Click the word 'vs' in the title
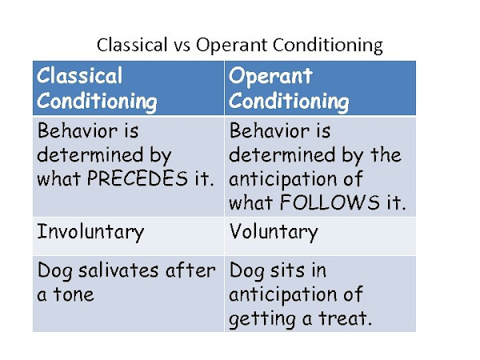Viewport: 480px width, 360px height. pyautogui.click(x=182, y=46)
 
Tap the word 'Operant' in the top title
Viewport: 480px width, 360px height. pyautogui.click(x=232, y=46)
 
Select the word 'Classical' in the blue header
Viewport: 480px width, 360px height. pyautogui.click(x=79, y=76)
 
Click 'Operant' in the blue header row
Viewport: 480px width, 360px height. pyautogui.click(x=270, y=76)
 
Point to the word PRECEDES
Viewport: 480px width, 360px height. pyautogui.click(x=137, y=178)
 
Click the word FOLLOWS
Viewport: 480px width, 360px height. pyautogui.click(x=330, y=202)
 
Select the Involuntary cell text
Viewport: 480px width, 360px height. pyautogui.click(x=90, y=232)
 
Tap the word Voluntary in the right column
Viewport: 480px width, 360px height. pyautogui.click(x=274, y=232)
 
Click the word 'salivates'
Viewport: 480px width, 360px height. pyautogui.click(x=118, y=270)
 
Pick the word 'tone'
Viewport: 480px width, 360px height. pyautogui.click(x=74, y=294)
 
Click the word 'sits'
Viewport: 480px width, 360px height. pyautogui.click(x=288, y=270)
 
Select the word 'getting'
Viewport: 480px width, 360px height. pyautogui.click(x=262, y=319)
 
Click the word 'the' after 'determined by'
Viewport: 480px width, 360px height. pyautogui.click(x=386, y=154)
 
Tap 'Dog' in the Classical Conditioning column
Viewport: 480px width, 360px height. pyautogui.click(x=55, y=271)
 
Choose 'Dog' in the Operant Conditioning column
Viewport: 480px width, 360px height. pyautogui.click(x=247, y=271)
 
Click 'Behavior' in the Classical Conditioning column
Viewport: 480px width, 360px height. pyautogui.click(x=78, y=130)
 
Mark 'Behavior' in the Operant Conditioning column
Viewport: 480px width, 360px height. pyautogui.click(x=270, y=130)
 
